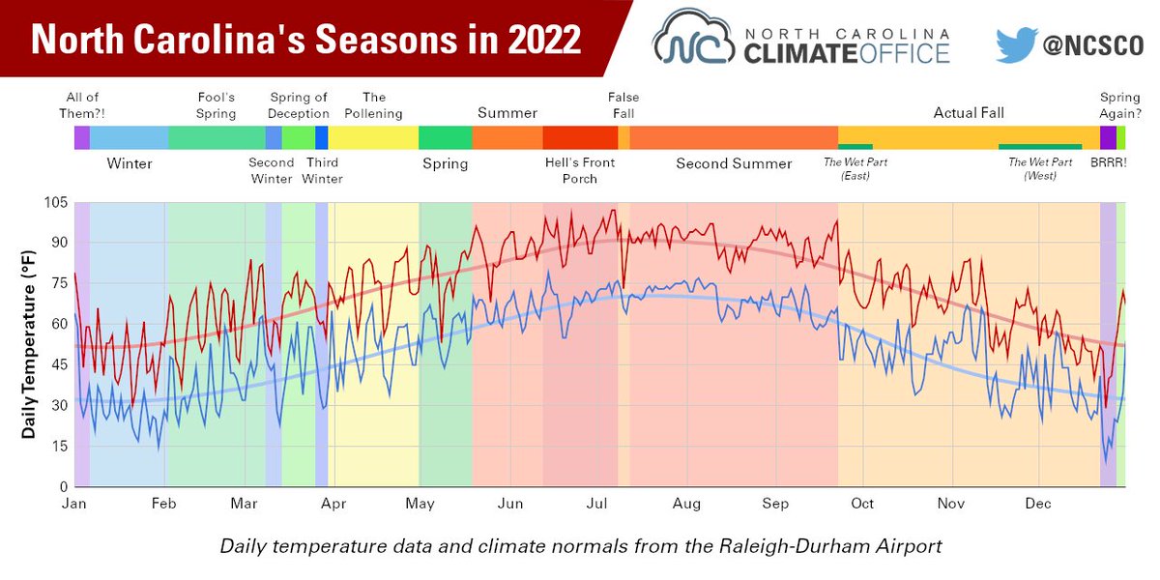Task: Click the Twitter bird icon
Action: coord(1017,44)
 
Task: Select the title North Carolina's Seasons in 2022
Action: coord(306,40)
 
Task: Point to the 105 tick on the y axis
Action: coord(54,203)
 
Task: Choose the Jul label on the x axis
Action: coord(596,504)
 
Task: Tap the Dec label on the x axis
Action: coord(1038,504)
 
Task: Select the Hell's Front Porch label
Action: coord(580,170)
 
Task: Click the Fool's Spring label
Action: coord(216,105)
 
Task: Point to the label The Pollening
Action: coord(373,105)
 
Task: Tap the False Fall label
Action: coord(623,105)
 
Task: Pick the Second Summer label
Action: coord(734,163)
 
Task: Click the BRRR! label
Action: coord(1108,163)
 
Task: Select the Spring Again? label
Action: coord(1119,105)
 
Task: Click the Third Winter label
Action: coord(322,170)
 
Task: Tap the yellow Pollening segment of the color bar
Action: coord(373,137)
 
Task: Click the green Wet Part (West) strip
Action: coord(1040,146)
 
